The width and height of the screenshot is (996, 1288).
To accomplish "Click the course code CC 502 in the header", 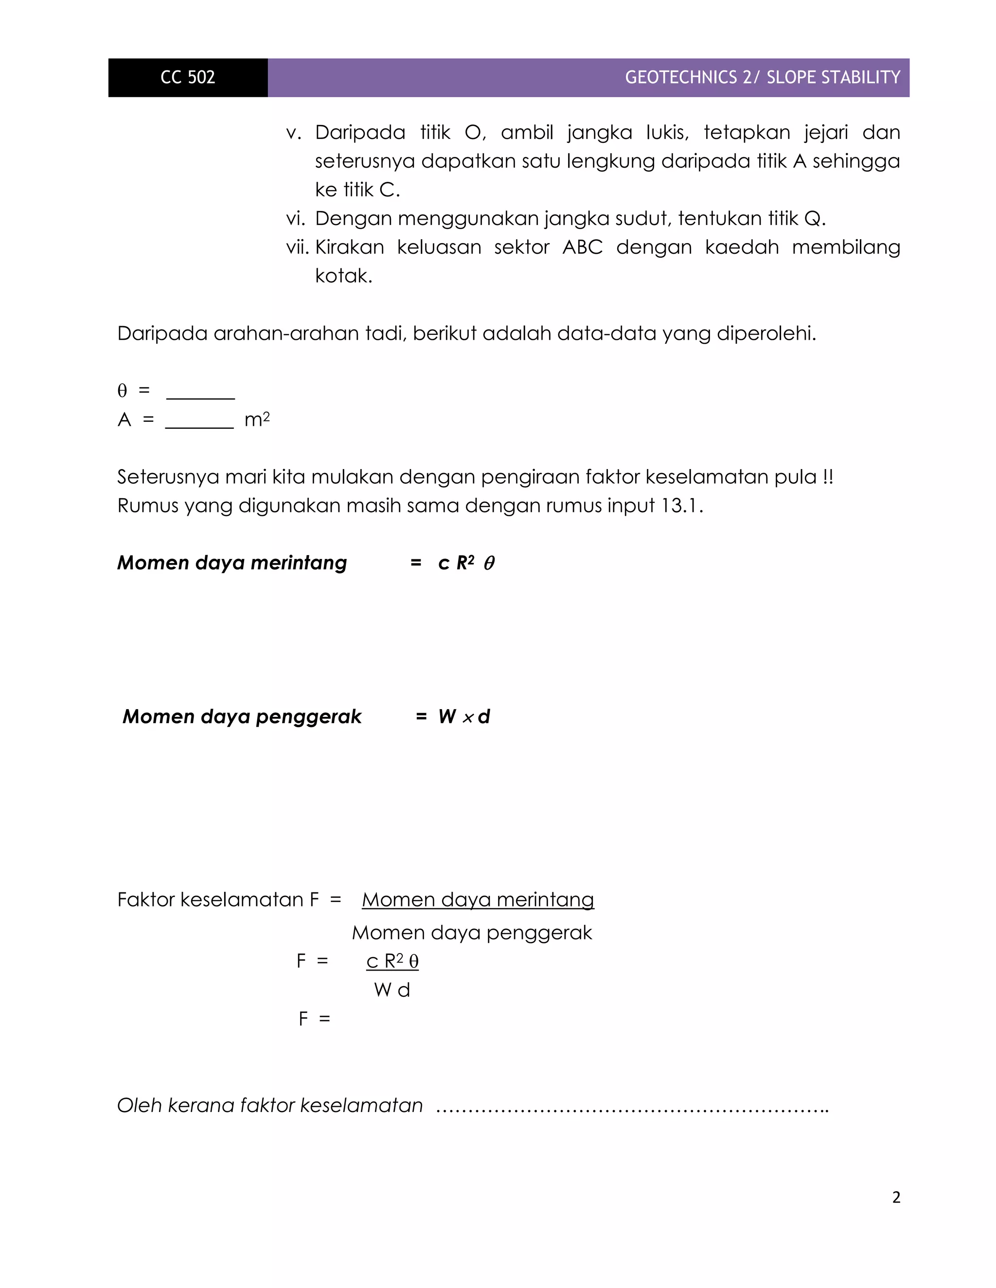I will [x=188, y=77].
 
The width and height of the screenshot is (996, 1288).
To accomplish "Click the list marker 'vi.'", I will [x=296, y=219].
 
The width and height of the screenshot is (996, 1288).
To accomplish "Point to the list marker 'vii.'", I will [x=298, y=247].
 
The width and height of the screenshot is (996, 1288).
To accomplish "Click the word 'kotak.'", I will [x=343, y=276].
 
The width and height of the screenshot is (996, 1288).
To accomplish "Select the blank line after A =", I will [x=199, y=422].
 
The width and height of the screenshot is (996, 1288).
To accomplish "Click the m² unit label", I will [x=257, y=419].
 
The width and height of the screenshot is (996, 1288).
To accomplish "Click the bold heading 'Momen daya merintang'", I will [x=232, y=563].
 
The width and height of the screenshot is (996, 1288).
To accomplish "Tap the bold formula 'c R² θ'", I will [x=466, y=563].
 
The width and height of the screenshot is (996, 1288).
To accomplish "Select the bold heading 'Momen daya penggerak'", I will [x=242, y=716].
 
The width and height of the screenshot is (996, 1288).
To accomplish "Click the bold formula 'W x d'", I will [x=464, y=716].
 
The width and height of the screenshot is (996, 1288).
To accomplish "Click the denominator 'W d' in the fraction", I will [x=392, y=990].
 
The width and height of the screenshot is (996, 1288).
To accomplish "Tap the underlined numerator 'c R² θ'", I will [x=392, y=961].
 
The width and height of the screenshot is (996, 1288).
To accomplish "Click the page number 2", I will [x=896, y=1197].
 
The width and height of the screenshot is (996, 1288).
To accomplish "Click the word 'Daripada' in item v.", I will [x=359, y=132].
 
